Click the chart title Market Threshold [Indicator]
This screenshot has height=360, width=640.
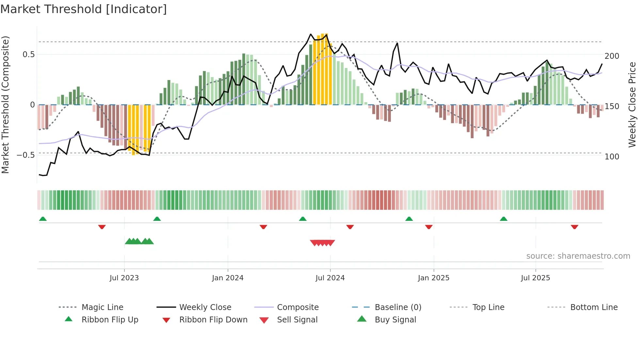coord(84,9)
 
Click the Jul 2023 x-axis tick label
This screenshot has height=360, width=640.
coord(124,278)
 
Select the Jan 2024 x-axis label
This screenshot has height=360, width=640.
coord(228,278)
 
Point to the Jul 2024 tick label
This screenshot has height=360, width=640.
coord(330,278)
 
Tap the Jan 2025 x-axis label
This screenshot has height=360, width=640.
coord(434,278)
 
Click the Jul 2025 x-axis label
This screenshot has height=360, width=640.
coord(536,278)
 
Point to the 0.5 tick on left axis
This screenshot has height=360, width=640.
coord(28,55)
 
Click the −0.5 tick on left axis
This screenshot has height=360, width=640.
coord(26,155)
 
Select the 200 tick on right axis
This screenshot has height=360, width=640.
coord(612,56)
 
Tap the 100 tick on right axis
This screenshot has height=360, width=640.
coord(612,157)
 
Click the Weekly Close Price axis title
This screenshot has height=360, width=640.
coord(632,105)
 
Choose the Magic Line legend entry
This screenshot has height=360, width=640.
coord(102,307)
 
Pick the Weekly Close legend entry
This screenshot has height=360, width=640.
coord(205,307)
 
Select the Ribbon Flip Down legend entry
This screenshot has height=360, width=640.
coord(213,320)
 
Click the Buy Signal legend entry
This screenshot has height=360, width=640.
coord(395,320)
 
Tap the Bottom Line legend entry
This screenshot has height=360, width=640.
coord(594,307)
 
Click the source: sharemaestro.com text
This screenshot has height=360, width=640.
coord(578,256)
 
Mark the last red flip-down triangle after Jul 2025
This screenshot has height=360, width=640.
coord(574,227)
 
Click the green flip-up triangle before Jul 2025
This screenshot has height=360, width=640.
coord(504,219)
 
